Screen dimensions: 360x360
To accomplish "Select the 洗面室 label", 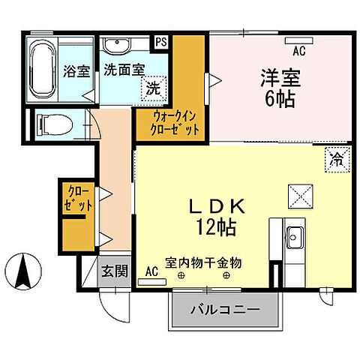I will pyautogui.click(x=124, y=70).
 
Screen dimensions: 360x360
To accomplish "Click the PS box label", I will pyautogui.click(x=161, y=43).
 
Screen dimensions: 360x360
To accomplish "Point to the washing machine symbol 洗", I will pyautogui.click(x=153, y=88).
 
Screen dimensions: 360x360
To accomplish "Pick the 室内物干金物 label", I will pyautogui.click(x=204, y=263).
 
